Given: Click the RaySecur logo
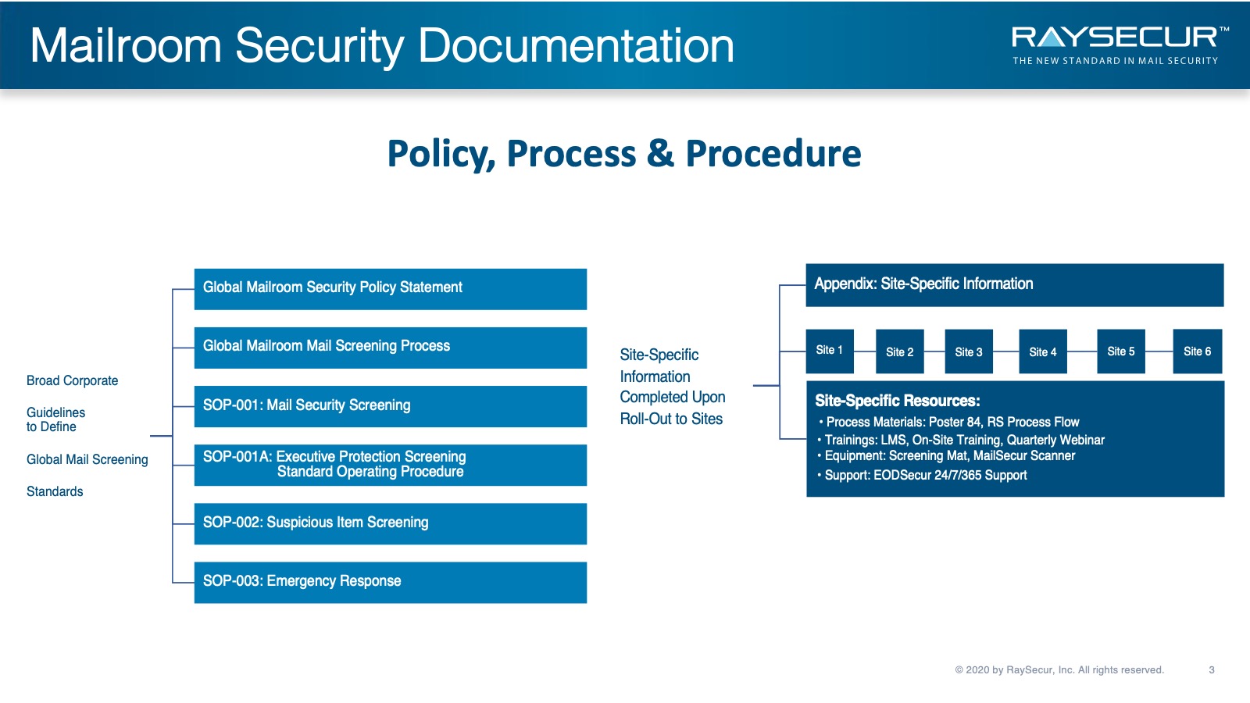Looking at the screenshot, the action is click(x=1120, y=45).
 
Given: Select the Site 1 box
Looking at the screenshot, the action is click(x=829, y=351).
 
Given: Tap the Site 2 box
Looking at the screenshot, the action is click(x=899, y=351).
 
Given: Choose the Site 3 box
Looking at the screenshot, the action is click(x=969, y=351).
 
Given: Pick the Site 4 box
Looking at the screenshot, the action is click(x=1043, y=351).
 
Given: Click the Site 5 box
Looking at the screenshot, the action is click(x=1121, y=351).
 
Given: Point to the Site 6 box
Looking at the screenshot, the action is click(x=1198, y=351).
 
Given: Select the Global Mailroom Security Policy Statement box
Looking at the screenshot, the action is click(x=391, y=289).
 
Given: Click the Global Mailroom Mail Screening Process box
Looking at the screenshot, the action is click(x=391, y=348).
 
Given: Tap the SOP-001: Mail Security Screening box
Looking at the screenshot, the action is click(x=391, y=406).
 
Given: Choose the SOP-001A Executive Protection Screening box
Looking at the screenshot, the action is click(x=391, y=465).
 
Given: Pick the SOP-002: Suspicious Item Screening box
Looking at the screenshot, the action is click(x=391, y=523).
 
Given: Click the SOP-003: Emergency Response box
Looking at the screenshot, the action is click(x=391, y=582).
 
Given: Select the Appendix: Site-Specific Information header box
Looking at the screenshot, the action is click(x=1015, y=285).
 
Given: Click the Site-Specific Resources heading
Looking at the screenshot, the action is click(x=898, y=401).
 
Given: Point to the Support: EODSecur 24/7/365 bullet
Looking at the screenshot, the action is click(x=923, y=476).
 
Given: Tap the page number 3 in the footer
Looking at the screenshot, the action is click(x=1212, y=669).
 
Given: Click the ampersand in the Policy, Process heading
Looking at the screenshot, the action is click(x=661, y=153).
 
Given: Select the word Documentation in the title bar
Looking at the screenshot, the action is click(x=576, y=46).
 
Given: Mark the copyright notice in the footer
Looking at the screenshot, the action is click(x=1059, y=669).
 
